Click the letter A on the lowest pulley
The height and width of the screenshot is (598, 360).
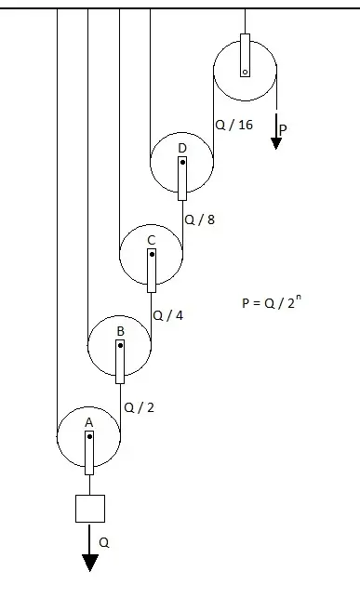coord(89,422)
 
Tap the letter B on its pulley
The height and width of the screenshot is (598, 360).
coord(120,331)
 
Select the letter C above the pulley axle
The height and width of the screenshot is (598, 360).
coord(152,240)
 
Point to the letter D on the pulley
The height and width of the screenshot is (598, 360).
coord(182,148)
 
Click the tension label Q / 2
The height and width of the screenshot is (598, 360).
coord(140,407)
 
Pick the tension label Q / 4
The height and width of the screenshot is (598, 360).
coord(168,315)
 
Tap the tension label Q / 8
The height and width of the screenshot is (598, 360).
coord(199,219)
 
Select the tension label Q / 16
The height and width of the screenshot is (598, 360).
coord(234,125)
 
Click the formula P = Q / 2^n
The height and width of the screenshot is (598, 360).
coord(272,302)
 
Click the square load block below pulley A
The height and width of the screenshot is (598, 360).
coord(90,509)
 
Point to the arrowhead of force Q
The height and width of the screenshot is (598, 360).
coord(89,563)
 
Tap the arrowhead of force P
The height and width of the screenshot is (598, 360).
coord(276,143)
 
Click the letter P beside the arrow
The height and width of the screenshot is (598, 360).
coord(283,130)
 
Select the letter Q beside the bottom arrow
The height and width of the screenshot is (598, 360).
coord(104,543)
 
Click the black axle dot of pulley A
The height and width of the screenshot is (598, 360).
coord(89,437)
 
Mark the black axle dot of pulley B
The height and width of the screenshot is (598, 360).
coord(121,346)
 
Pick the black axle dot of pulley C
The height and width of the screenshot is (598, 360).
coord(152,255)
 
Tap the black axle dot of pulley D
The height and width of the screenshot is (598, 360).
coord(182,163)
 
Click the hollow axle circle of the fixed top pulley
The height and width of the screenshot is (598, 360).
coord(246,73)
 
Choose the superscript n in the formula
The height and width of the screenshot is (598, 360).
coord(299,297)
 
